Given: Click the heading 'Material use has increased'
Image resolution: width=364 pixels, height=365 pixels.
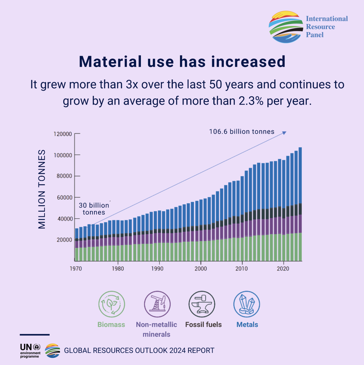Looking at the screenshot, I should click(182, 62).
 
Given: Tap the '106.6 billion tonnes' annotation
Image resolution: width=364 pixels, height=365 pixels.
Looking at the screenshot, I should click(241, 131).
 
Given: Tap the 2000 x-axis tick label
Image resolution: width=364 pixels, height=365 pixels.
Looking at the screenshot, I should click(201, 269).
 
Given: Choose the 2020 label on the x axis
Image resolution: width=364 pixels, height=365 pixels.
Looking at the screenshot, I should click(284, 269).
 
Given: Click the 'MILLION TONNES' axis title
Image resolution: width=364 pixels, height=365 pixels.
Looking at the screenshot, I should click(42, 189).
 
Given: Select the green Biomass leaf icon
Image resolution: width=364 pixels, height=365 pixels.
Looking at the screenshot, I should click(111, 305).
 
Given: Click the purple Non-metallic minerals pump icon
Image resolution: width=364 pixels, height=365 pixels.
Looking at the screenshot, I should click(157, 305).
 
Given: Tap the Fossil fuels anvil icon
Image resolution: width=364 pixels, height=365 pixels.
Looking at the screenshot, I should click(202, 305).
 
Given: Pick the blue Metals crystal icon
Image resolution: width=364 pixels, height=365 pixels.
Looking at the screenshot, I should click(247, 305).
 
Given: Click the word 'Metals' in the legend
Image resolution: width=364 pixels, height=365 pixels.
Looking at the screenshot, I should click(247, 325).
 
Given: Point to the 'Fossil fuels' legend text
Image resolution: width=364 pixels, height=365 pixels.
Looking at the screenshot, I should click(203, 325).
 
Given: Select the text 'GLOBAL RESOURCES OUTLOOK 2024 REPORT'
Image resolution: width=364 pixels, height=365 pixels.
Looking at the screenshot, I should click(139, 351).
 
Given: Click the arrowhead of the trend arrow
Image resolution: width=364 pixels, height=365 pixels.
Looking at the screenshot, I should click(285, 132).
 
